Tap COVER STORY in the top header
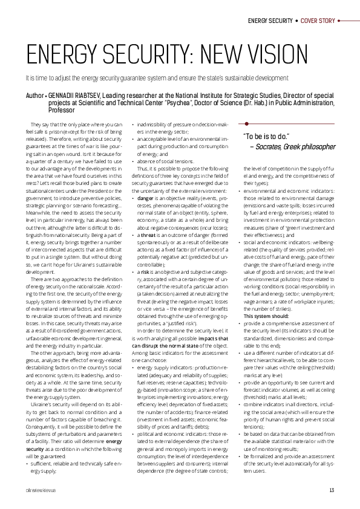pos(317,21)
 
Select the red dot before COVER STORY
pos(296,21)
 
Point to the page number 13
pos(332,490)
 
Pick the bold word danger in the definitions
pos(146,198)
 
